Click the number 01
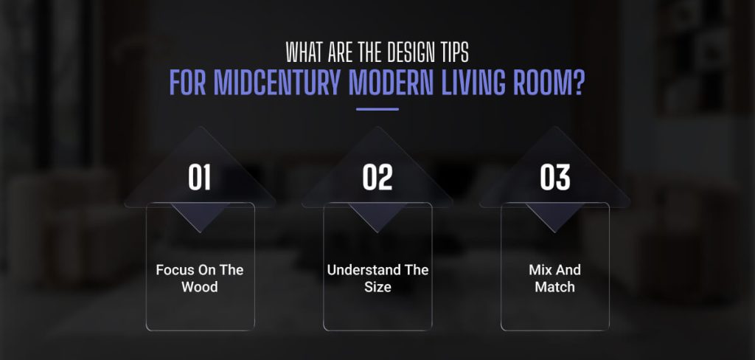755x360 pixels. pos(200,178)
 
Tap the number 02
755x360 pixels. pos(377,178)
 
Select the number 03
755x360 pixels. pos(555,178)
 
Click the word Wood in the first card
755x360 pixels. pos(200,286)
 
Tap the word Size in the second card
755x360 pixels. pos(377,286)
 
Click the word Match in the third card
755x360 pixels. pos(554,286)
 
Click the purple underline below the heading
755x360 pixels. pos(377,108)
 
